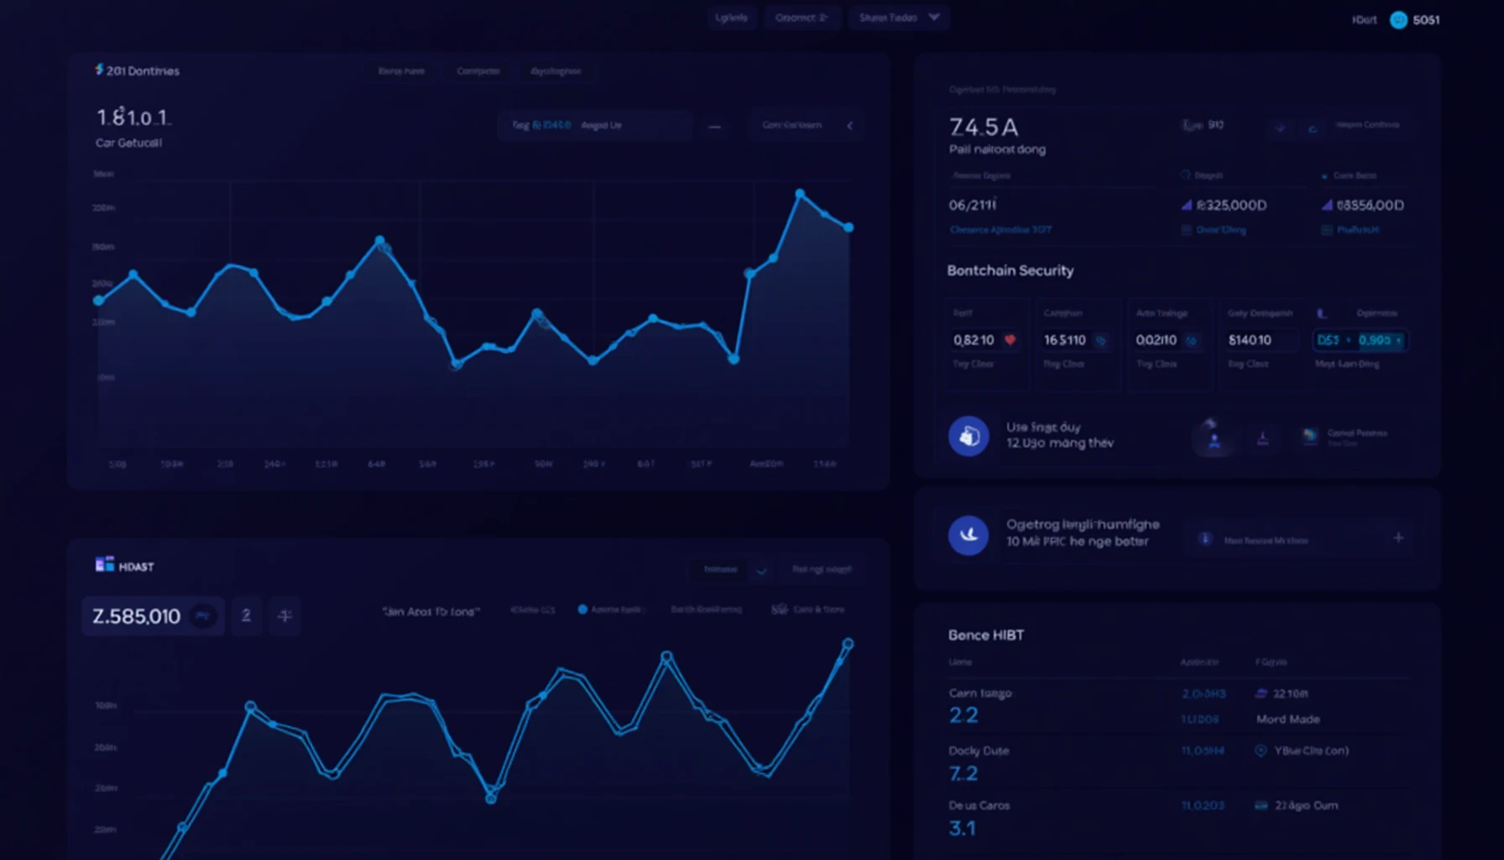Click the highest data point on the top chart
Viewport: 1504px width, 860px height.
coord(800,194)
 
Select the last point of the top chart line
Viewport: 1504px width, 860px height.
coord(849,228)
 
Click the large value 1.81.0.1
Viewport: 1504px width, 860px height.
coord(133,118)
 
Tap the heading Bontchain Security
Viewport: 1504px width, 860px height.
coord(1010,270)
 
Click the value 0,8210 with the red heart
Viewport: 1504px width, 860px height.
coord(974,340)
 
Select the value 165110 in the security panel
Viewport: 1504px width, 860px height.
coord(1064,340)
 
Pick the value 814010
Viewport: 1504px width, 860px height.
coord(1250,340)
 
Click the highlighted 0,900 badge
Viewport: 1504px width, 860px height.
coord(1375,340)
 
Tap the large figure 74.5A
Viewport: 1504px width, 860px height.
coord(984,127)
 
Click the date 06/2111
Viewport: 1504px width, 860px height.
coord(972,205)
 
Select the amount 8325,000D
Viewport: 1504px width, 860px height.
coord(1230,205)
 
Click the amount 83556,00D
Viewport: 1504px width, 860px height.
coord(1369,205)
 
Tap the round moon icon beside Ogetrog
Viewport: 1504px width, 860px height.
coord(969,535)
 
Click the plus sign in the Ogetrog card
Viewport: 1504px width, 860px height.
coord(1398,537)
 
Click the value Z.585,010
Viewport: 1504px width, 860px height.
coord(136,616)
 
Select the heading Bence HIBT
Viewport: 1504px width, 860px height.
coord(985,635)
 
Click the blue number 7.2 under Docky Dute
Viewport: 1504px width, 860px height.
coord(963,773)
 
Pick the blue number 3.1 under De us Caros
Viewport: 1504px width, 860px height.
coord(962,828)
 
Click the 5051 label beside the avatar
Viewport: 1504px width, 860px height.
coord(1426,20)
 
